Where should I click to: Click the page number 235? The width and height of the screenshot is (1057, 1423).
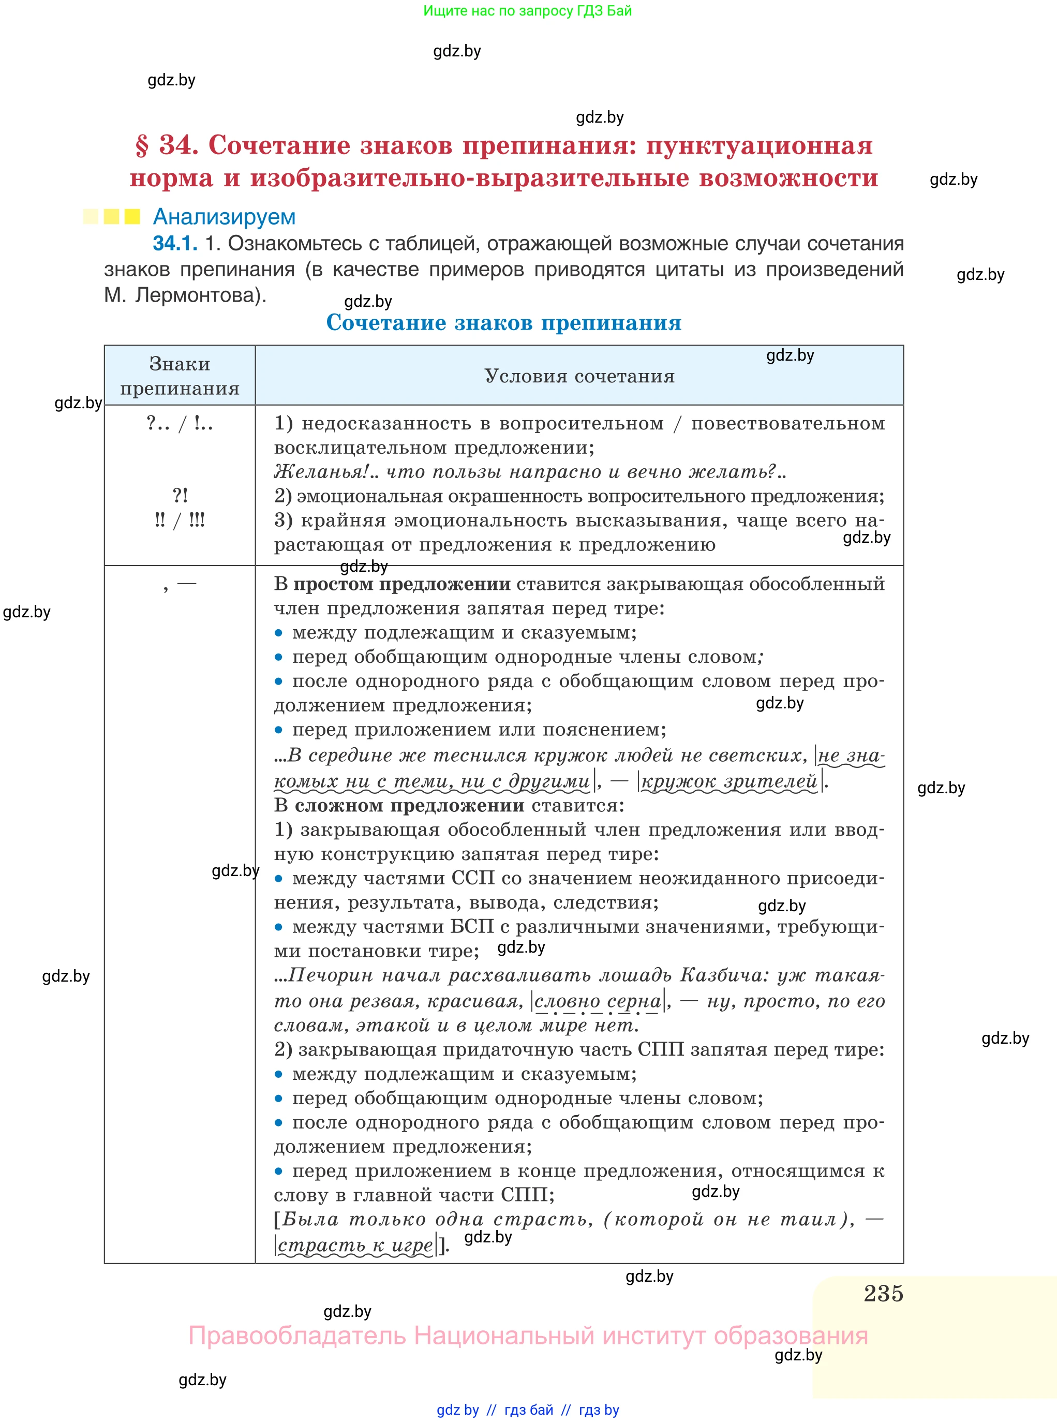(x=883, y=1293)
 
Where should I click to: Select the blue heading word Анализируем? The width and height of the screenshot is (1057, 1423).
(x=224, y=217)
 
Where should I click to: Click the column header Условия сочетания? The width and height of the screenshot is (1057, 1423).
(x=579, y=376)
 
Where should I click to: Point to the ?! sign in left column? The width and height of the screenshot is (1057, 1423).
(x=180, y=495)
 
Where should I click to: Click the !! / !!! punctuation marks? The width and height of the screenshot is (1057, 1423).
(x=180, y=520)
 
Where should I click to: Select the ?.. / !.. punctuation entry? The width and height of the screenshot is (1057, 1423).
(x=180, y=423)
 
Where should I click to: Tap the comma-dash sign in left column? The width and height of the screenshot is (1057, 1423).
(x=180, y=584)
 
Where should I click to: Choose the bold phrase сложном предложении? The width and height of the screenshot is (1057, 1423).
(x=409, y=805)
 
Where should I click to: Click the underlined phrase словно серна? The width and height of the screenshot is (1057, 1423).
(x=598, y=1001)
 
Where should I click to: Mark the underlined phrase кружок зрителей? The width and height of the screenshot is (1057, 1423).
(x=730, y=781)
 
